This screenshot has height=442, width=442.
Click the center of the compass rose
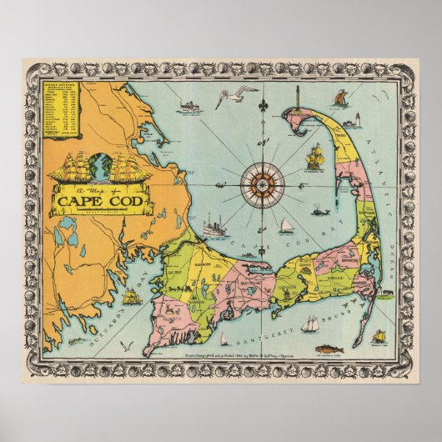[263, 183]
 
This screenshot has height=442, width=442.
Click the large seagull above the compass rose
[225, 97]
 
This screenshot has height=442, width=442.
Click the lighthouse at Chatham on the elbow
[385, 293]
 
